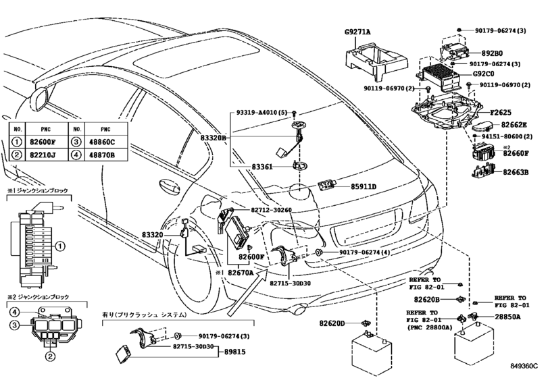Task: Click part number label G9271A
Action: (x=357, y=32)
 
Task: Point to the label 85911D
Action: (x=364, y=187)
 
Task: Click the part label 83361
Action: (x=262, y=167)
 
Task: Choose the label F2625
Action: (x=501, y=113)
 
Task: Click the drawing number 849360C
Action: (x=523, y=366)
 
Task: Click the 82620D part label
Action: (x=332, y=323)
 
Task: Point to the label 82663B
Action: (x=516, y=172)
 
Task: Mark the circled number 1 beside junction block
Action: (x=60, y=246)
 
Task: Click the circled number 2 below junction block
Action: (x=50, y=356)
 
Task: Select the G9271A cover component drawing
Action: (x=376, y=61)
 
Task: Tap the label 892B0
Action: (x=492, y=53)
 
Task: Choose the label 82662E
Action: (x=514, y=125)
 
